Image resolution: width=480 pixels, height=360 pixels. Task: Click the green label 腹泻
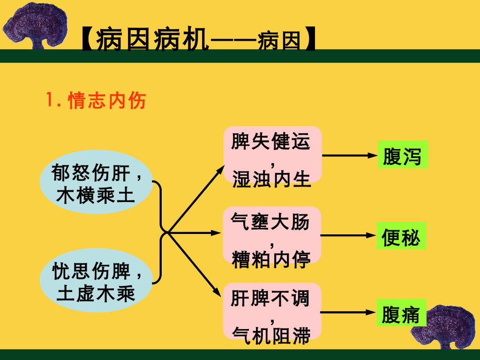coord(402,156)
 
